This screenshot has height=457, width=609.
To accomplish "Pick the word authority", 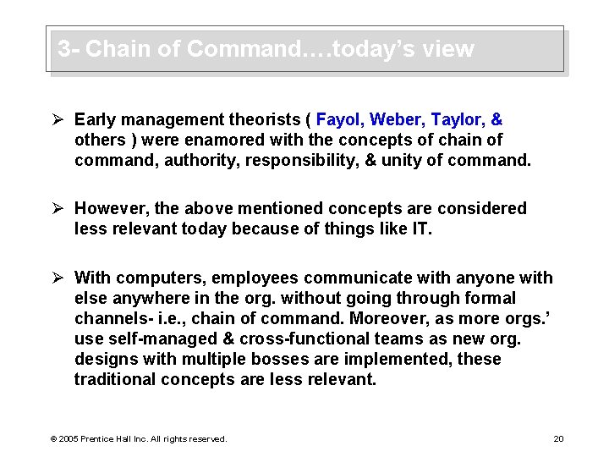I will (204, 160).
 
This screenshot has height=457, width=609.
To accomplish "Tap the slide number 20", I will (558, 438).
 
